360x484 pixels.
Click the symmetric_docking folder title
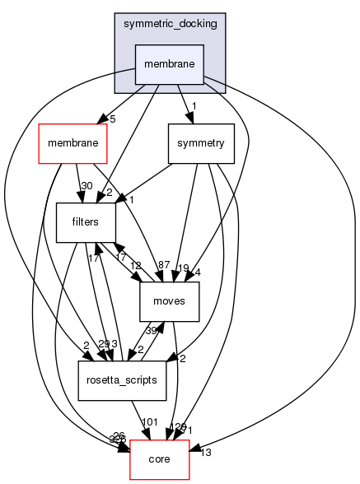[x=169, y=24]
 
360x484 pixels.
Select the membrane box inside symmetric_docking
[x=169, y=65]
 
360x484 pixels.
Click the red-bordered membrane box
[x=73, y=143]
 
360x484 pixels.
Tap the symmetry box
[x=201, y=143]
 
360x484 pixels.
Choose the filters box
[x=86, y=221]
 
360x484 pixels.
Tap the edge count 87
[x=164, y=264]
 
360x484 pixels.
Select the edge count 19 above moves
[x=183, y=268]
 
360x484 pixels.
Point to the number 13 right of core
[x=206, y=452]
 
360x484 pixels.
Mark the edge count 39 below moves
[x=152, y=330]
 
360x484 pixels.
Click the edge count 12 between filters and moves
[x=136, y=266]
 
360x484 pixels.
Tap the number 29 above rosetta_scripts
[x=102, y=343]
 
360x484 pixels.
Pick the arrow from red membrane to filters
[x=79, y=183]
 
